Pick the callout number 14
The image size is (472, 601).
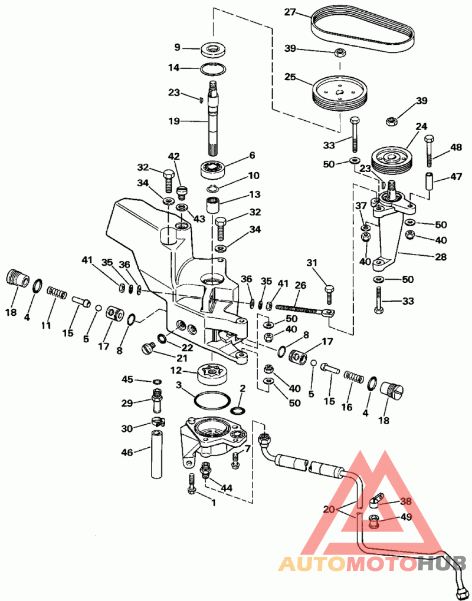coord(173,68)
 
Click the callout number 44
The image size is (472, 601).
coord(226,488)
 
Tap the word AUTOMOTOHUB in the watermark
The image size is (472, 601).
coord(372,564)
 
